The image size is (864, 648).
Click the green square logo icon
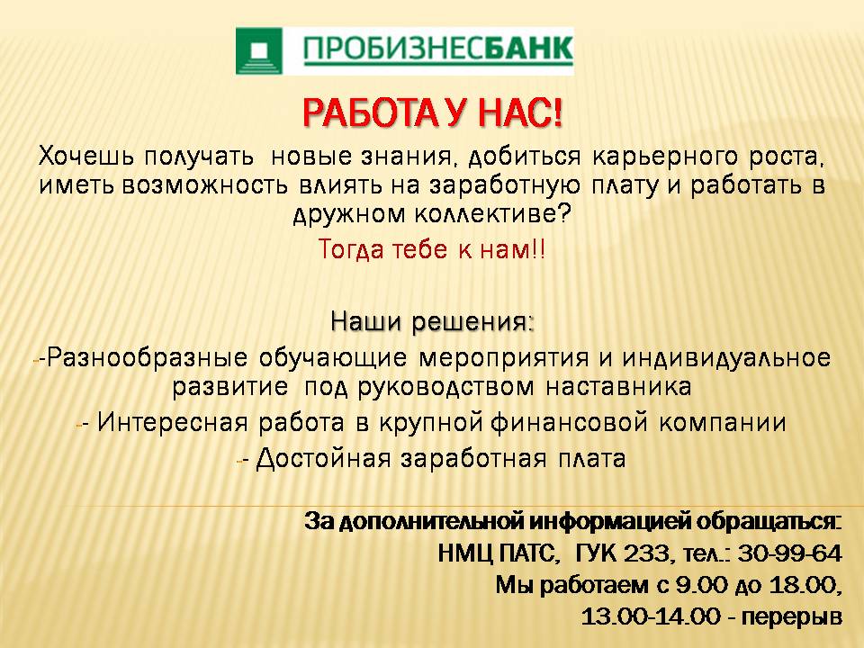tap(259, 50)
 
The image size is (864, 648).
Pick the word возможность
tap(204, 186)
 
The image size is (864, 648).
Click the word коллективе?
tap(492, 214)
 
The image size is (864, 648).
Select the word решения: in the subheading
tap(473, 322)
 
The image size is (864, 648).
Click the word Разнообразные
tap(147, 358)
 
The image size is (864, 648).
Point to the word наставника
tap(618, 386)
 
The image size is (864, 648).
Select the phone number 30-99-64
tap(789, 553)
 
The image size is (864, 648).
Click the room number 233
tap(646, 553)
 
